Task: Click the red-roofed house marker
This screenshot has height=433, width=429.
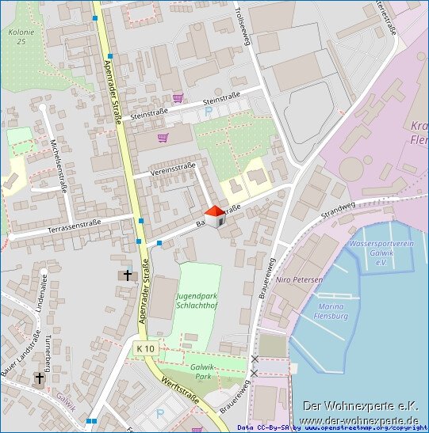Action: coord(215,215)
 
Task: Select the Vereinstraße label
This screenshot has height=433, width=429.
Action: coord(173,168)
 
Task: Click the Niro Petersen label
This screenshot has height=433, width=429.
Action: coord(299,280)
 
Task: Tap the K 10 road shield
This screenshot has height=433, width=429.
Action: coord(145,348)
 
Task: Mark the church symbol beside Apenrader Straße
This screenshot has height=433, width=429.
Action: coord(127,275)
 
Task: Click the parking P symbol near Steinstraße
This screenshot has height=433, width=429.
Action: coord(209,113)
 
